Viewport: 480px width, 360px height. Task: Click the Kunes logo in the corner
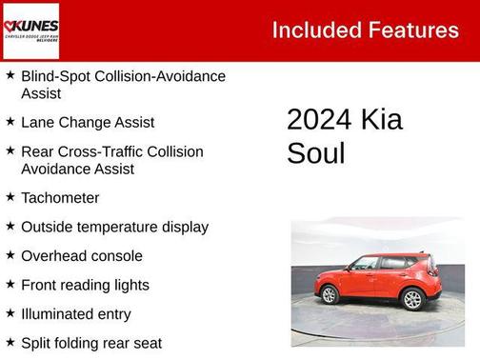coord(31,30)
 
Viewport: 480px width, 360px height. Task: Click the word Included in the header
coord(314,30)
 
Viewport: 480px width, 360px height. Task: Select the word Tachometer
coord(60,198)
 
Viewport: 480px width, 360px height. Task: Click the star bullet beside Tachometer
coord(10,197)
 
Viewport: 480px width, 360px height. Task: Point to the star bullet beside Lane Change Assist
coord(10,122)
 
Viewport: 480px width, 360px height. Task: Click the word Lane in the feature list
coord(37,123)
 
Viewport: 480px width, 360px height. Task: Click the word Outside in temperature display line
coord(47,227)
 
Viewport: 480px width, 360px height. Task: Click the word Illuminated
coord(56,313)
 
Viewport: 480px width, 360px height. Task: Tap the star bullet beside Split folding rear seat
coord(10,341)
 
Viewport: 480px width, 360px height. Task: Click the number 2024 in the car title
coord(319,120)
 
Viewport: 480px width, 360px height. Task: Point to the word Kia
coord(381,120)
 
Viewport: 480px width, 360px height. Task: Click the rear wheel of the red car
coord(412,299)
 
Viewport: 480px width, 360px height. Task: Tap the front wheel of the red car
coord(330,295)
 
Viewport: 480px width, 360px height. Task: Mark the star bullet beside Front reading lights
coord(10,284)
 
